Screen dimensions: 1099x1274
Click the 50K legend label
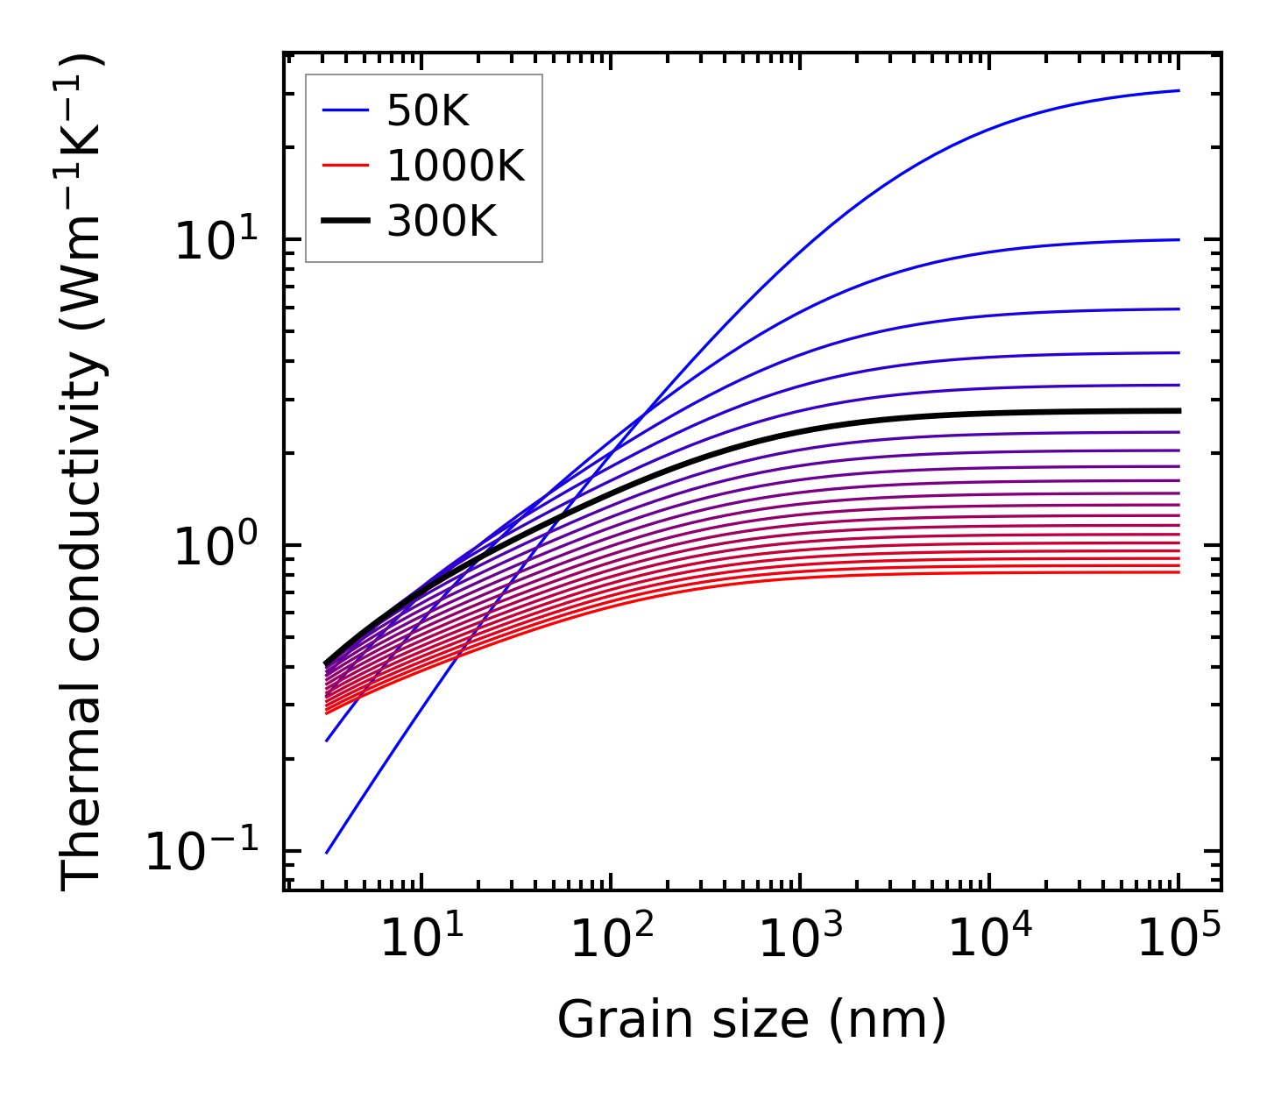[428, 110]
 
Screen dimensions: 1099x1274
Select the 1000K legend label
[456, 166]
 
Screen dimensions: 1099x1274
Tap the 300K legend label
[442, 222]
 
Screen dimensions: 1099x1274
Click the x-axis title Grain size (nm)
[752, 1020]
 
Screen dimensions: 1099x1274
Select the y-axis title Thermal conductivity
[84, 473]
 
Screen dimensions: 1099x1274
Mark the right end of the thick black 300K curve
[1179, 410]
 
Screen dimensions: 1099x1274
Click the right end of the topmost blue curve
[1179, 90]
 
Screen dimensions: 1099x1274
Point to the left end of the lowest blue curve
[326, 853]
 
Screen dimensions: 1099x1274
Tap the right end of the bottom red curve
[1179, 572]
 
